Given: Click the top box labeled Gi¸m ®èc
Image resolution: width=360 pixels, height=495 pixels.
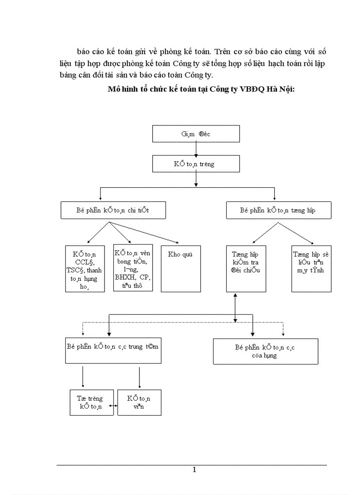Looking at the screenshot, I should tap(196, 134).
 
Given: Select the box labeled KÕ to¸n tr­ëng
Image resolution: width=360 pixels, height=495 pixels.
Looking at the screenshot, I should tap(196, 164).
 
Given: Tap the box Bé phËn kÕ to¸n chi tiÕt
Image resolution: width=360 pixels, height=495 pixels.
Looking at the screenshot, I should tap(113, 210).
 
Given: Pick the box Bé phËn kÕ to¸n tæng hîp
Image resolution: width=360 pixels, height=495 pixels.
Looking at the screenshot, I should tap(278, 210).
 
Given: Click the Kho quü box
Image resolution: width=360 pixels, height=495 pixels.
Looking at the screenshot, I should tap(180, 268).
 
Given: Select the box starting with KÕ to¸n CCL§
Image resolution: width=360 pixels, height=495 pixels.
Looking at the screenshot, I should tap(85, 268).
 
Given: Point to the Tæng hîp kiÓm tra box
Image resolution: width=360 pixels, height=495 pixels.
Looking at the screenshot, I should tap(246, 268).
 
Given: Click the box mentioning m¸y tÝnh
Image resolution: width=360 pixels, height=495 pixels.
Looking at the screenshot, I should tap(311, 268).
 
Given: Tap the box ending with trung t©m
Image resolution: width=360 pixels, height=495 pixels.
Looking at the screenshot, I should tap(113, 351).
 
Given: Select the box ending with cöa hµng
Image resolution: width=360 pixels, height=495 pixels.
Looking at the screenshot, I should tap(265, 351).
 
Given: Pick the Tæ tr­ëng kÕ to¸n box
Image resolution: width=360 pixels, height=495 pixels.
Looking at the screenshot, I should tap(92, 402).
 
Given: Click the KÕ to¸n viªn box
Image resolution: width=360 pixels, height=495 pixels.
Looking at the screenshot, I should tap(139, 402).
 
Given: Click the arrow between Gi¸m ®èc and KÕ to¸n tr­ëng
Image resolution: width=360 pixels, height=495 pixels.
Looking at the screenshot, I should tap(196, 149).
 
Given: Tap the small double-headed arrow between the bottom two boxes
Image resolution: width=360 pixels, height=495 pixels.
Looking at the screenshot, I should tap(116, 406).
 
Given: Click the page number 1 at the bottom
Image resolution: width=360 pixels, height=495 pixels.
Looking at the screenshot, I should tap(194, 470).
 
